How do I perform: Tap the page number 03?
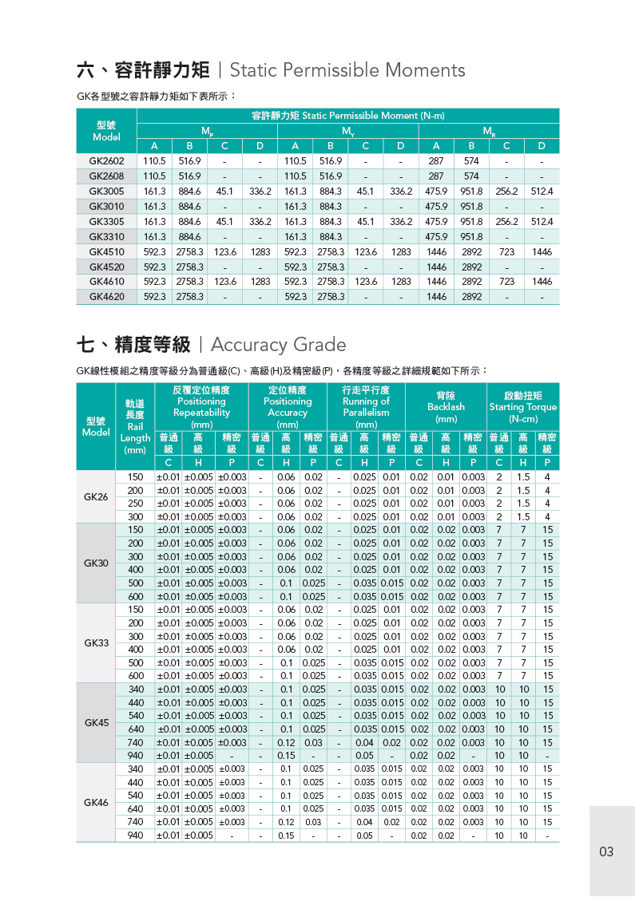tap(606, 852)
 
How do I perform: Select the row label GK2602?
tap(106, 160)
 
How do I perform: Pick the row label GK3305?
tap(106, 221)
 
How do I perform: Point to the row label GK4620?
tap(106, 297)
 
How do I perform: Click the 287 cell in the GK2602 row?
tap(436, 160)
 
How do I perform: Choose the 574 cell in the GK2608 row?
tap(471, 176)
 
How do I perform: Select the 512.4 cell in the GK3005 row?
tap(542, 192)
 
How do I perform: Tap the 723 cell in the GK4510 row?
tap(506, 251)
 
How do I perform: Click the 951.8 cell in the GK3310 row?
tap(471, 236)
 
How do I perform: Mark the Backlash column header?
tap(446, 407)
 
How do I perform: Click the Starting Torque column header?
tap(523, 407)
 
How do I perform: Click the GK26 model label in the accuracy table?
tap(96, 496)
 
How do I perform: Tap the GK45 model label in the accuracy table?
tap(96, 722)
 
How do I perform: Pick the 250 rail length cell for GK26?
tap(136, 504)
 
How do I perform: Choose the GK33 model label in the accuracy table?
tap(96, 642)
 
